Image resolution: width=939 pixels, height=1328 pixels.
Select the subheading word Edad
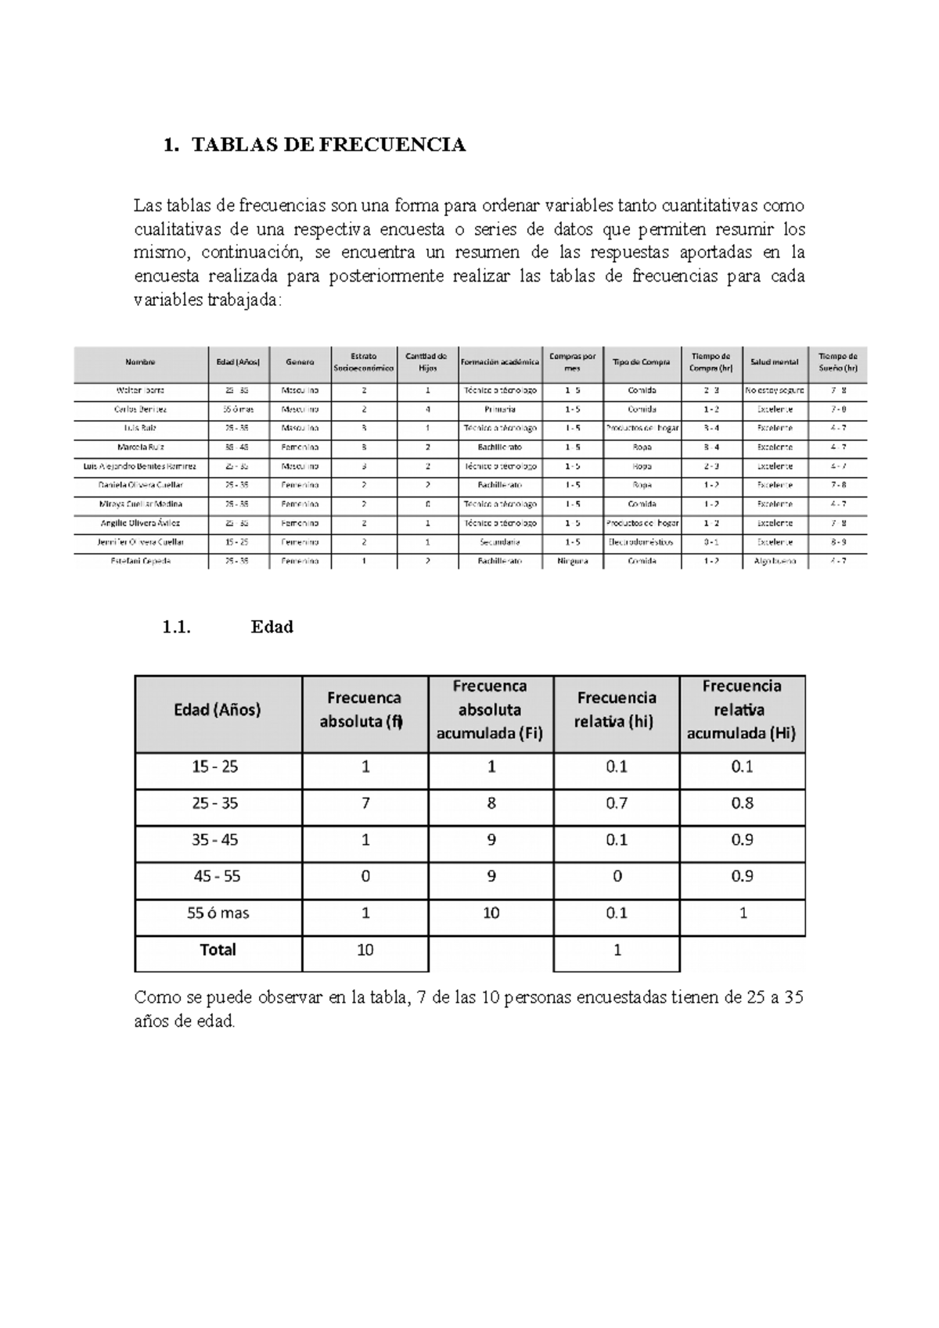tap(272, 626)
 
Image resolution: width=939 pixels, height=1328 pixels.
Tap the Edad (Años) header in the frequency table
tap(218, 710)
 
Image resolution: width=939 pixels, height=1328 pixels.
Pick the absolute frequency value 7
tap(365, 803)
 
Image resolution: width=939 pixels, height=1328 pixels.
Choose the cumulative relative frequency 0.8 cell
tap(742, 803)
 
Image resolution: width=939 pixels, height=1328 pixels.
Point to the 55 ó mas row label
tap(218, 913)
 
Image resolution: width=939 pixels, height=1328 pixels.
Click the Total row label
tap(218, 949)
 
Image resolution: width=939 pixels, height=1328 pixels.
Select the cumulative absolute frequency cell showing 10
tap(491, 913)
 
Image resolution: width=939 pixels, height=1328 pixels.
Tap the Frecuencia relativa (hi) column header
tap(616, 710)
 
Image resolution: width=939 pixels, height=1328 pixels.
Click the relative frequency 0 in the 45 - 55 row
tap(617, 877)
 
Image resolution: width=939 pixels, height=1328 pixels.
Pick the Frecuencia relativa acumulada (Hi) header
tap(742, 710)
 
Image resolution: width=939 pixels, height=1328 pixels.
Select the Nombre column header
tap(140, 362)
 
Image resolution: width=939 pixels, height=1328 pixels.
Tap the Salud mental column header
tap(774, 362)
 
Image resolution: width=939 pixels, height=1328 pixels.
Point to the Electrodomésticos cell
tap(642, 542)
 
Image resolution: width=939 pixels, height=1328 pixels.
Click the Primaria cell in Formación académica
tap(499, 409)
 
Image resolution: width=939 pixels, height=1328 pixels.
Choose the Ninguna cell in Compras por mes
tap(572, 561)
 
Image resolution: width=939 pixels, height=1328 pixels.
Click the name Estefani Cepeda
tap(141, 561)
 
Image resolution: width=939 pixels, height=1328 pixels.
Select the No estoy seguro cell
tap(774, 389)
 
